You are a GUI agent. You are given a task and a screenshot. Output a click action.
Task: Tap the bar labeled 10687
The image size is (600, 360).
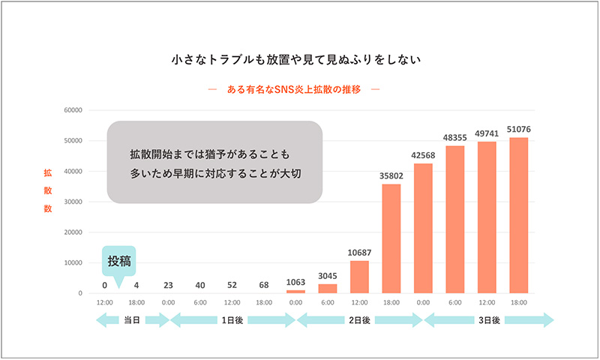pyautogui.click(x=360, y=277)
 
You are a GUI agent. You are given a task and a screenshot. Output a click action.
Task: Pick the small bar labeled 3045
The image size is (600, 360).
pyautogui.click(x=328, y=288)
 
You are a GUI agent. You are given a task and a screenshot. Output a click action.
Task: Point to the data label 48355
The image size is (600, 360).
pyautogui.click(x=455, y=138)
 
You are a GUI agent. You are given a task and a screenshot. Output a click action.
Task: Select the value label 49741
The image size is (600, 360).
pyautogui.click(x=487, y=134)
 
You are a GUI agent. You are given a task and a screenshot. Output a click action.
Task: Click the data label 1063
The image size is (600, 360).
pyautogui.click(x=296, y=283)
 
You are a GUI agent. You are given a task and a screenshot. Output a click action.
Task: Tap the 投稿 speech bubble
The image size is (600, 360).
pyautogui.click(x=118, y=262)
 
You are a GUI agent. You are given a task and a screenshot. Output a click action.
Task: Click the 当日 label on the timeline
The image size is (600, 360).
pyautogui.click(x=132, y=320)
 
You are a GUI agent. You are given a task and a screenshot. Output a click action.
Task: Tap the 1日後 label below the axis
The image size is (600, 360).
pyautogui.click(x=233, y=320)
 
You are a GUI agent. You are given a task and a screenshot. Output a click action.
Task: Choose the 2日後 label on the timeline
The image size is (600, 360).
pyautogui.click(x=360, y=320)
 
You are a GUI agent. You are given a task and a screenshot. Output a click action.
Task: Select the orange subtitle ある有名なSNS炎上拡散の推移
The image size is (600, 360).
pyautogui.click(x=299, y=89)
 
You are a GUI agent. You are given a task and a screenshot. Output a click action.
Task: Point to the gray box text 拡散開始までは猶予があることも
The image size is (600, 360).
pyautogui.click(x=209, y=154)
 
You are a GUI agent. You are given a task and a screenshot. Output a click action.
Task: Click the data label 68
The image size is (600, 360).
pyautogui.click(x=265, y=284)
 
